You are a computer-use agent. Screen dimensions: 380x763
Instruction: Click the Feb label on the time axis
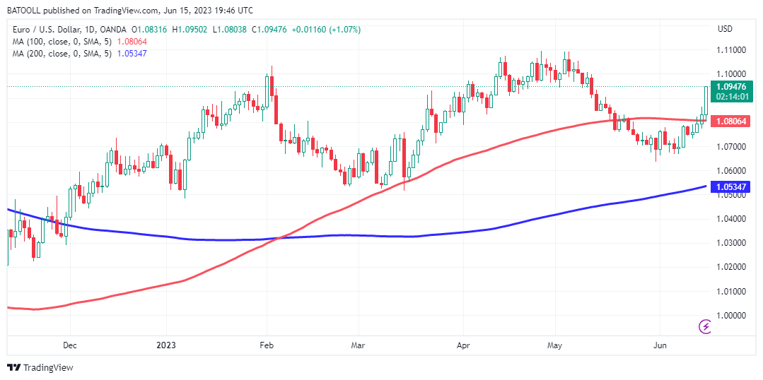click(x=267, y=345)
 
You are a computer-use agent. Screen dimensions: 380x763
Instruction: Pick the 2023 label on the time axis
click(x=165, y=345)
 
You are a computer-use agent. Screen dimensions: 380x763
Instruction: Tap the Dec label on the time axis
click(x=69, y=345)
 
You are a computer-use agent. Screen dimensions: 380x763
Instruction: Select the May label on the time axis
click(x=554, y=345)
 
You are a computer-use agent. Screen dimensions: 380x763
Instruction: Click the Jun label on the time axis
click(x=659, y=345)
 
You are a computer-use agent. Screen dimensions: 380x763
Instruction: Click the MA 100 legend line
click(x=78, y=42)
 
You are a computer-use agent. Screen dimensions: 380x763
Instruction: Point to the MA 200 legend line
click(x=78, y=54)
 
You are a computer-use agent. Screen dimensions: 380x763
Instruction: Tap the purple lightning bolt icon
click(x=705, y=326)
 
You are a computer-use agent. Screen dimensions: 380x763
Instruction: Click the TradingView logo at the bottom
click(x=40, y=367)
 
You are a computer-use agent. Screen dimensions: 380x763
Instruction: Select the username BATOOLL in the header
click(x=27, y=11)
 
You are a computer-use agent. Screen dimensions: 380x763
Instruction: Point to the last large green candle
click(x=706, y=100)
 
